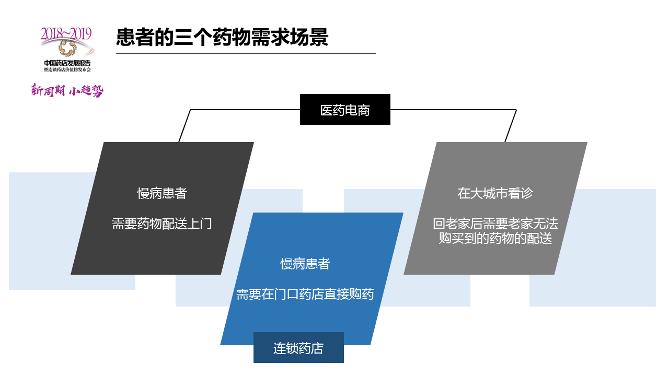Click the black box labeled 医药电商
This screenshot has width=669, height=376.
pyautogui.click(x=345, y=110)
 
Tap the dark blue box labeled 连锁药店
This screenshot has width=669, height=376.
pyautogui.click(x=298, y=348)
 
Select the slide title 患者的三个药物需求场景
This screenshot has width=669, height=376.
pyautogui.click(x=222, y=38)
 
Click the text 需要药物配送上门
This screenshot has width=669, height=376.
pyautogui.click(x=162, y=224)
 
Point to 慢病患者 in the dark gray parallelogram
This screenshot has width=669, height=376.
pyautogui.click(x=162, y=193)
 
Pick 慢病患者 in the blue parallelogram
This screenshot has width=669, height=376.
pyautogui.click(x=305, y=264)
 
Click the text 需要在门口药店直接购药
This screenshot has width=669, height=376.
pyautogui.click(x=305, y=294)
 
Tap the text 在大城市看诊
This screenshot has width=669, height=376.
pyautogui.click(x=495, y=193)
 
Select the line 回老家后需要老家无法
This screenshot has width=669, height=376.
pyautogui.click(x=495, y=224)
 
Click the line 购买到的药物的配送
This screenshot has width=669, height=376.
pyautogui.click(x=495, y=239)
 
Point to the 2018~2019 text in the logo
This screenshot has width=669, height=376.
pyautogui.click(x=66, y=33)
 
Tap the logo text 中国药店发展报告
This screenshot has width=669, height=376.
pyautogui.click(x=67, y=63)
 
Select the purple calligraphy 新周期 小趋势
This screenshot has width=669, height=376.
pyautogui.click(x=67, y=90)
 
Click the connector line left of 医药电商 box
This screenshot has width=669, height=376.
pyautogui.click(x=246, y=110)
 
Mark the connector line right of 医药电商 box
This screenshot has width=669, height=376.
pyautogui.click(x=453, y=110)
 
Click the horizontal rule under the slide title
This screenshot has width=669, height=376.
pyautogui.click(x=246, y=53)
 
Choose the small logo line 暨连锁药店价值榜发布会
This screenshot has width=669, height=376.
pyautogui.click(x=67, y=69)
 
